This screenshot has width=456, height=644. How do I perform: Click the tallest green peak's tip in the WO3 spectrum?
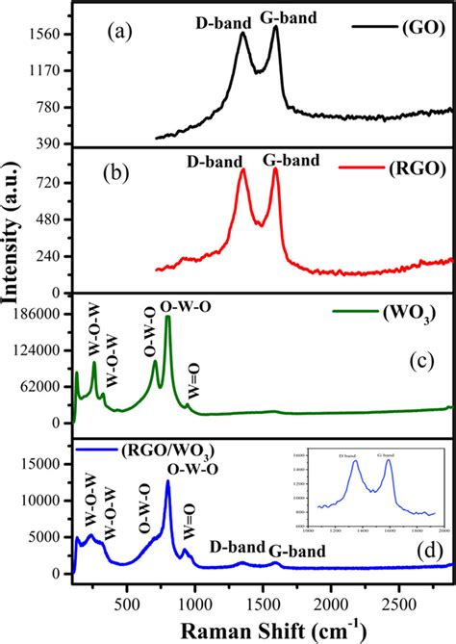(168, 317)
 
